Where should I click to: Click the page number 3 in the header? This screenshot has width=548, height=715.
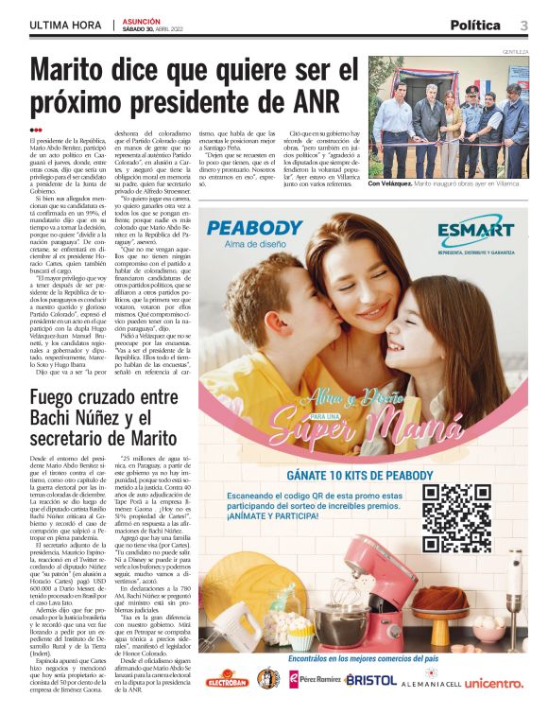(522, 25)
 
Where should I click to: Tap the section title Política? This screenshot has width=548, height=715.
(475, 25)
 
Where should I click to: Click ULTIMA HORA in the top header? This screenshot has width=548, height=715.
(64, 25)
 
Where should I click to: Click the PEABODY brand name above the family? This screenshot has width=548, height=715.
(255, 228)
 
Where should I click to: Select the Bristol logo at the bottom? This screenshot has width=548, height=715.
(370, 680)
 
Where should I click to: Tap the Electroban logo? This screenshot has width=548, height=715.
(228, 680)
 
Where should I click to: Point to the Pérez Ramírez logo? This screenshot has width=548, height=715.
(313, 680)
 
